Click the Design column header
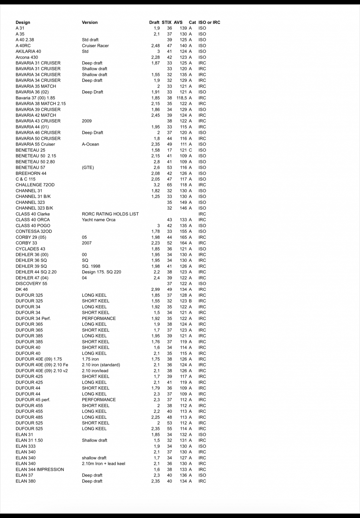23,23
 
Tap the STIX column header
167,23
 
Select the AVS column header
178,23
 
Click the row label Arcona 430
27,57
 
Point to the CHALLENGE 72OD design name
35,185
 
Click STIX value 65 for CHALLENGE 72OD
169,185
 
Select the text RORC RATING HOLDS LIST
110,214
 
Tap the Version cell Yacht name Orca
98,220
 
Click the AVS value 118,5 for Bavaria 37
182,98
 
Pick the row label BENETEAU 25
30,150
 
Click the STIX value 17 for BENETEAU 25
169,150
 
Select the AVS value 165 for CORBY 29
184,237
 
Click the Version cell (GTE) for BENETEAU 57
88,168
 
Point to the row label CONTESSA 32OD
34,231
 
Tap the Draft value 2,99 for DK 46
155,289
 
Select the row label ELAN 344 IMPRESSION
40,469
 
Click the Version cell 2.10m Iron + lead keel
103,463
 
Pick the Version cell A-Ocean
90,144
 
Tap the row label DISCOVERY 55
31,284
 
